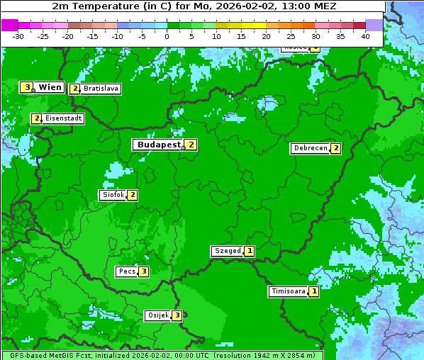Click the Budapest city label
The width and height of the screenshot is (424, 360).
(159, 145)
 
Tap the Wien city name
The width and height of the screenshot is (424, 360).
(50, 87)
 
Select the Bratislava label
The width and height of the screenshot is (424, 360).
(100, 89)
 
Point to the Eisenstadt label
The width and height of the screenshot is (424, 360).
(63, 118)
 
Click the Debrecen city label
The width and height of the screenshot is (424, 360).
(310, 149)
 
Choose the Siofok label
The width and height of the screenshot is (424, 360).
(113, 195)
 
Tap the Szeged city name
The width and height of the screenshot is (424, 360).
(227, 251)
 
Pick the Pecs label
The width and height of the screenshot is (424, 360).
(127, 271)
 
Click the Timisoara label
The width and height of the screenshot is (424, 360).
(288, 291)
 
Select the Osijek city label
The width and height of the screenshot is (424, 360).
(157, 315)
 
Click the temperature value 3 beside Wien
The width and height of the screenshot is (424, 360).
(27, 87)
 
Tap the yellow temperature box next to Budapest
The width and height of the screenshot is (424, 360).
(191, 145)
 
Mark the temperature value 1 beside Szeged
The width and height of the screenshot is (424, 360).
(250, 251)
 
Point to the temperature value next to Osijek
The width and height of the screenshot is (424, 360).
(177, 315)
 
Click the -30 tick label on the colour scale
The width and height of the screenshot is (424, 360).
(18, 36)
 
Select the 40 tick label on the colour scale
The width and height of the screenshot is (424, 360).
(365, 36)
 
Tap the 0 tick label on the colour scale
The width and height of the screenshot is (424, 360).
(167, 36)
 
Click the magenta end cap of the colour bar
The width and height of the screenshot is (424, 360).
(9, 25)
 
